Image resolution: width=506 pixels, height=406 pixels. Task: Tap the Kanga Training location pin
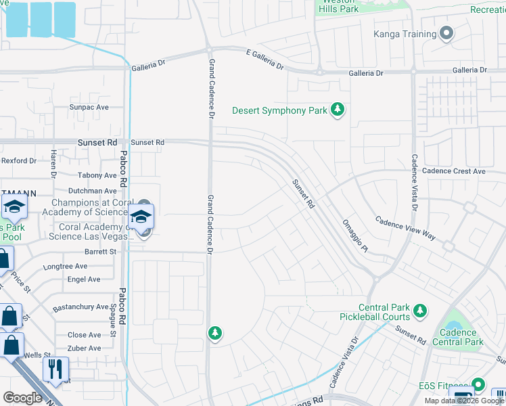(446, 34)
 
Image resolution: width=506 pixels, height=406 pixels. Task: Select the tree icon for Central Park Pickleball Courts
(420, 311)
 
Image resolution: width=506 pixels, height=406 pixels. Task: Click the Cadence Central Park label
(457, 337)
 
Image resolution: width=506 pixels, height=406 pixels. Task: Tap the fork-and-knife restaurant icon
(55, 369)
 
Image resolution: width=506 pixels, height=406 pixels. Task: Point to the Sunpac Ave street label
(89, 107)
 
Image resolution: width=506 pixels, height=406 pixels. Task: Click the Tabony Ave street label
(97, 175)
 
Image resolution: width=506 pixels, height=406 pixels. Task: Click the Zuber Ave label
(84, 348)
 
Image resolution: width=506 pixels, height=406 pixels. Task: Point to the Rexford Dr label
(18, 160)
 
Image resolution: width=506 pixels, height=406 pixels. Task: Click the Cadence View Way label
(405, 228)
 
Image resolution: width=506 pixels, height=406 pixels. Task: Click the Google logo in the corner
(22, 397)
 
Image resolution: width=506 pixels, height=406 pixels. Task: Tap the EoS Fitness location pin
(479, 384)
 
